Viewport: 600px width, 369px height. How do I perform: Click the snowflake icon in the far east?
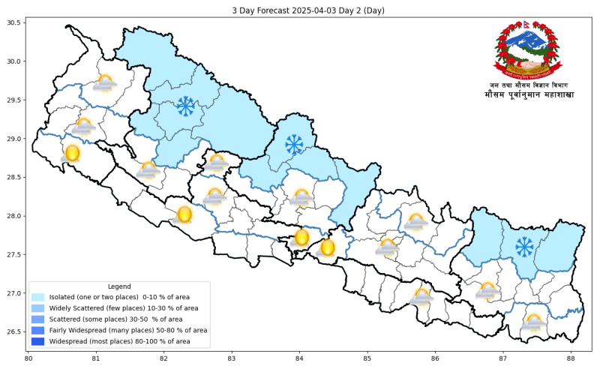[524, 246]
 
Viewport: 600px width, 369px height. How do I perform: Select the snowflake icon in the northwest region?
[185, 106]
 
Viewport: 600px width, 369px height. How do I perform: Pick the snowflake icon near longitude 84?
[294, 143]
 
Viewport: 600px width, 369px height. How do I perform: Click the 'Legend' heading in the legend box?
[119, 286]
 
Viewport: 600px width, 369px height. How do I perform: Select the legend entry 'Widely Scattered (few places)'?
[124, 308]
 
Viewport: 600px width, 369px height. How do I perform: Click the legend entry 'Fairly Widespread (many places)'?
[128, 330]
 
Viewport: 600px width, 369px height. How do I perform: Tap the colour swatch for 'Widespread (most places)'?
[38, 341]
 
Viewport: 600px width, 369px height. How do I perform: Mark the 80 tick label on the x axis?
[28, 358]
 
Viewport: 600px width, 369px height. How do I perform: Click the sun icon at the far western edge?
[72, 154]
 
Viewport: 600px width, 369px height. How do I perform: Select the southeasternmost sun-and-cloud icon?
[533, 322]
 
